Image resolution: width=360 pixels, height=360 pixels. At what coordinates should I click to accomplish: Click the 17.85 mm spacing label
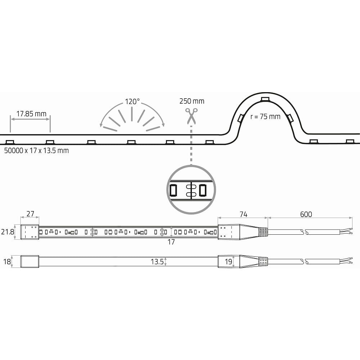31,114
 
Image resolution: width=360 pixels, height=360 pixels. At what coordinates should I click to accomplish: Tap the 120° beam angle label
132,102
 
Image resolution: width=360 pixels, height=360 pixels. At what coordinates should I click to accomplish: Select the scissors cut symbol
191,116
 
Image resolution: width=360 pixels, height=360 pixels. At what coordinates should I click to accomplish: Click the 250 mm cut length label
192,101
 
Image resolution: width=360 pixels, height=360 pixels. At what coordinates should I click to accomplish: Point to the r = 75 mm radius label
265,117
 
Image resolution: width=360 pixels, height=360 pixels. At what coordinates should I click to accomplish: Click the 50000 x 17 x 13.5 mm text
36,150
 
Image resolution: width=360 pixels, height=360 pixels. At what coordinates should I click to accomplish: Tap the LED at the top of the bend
265,99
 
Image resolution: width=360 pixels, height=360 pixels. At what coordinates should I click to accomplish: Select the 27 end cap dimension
30,214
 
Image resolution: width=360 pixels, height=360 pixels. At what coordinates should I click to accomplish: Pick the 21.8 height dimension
8,232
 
